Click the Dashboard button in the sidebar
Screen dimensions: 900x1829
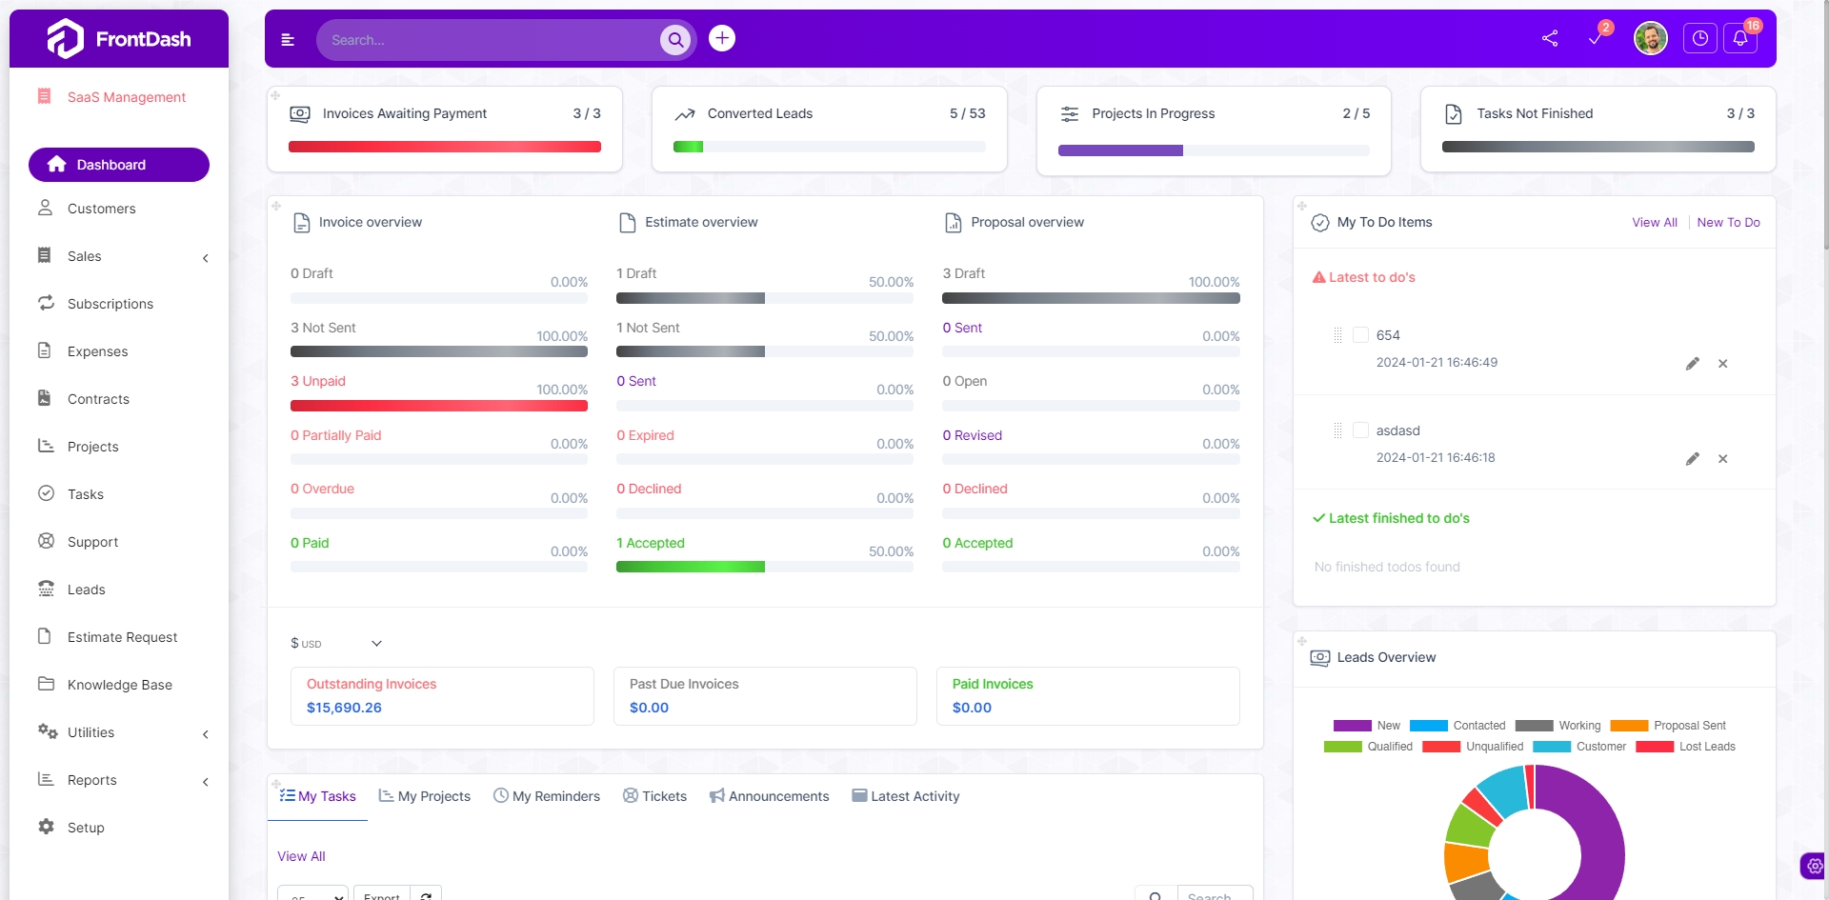pyautogui.click(x=118, y=165)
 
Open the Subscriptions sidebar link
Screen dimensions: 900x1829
pyautogui.click(x=110, y=304)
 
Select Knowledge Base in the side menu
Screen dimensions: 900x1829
pyautogui.click(x=119, y=685)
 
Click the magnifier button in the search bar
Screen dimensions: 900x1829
pyautogui.click(x=675, y=40)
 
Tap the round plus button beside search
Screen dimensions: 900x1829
pyautogui.click(x=722, y=38)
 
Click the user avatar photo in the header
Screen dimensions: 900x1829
pyautogui.click(x=1650, y=39)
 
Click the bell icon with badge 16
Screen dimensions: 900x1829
pyautogui.click(x=1740, y=39)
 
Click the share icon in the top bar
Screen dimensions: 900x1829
pyautogui.click(x=1550, y=39)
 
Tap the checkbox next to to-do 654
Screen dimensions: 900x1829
pyautogui.click(x=1360, y=335)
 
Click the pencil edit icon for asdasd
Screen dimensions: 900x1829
pyautogui.click(x=1692, y=459)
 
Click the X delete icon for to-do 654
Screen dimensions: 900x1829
pyautogui.click(x=1722, y=364)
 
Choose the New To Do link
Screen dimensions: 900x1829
pyautogui.click(x=1728, y=222)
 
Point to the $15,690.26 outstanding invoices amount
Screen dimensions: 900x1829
pyautogui.click(x=344, y=708)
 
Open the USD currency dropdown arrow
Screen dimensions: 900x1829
pyautogui.click(x=376, y=644)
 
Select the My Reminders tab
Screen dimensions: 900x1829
pyautogui.click(x=547, y=796)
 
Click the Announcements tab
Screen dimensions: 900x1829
pyautogui.click(x=769, y=796)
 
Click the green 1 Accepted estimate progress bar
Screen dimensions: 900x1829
pyautogui.click(x=690, y=567)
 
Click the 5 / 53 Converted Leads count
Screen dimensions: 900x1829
pyautogui.click(x=967, y=113)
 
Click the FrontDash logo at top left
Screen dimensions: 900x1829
pyautogui.click(x=119, y=39)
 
